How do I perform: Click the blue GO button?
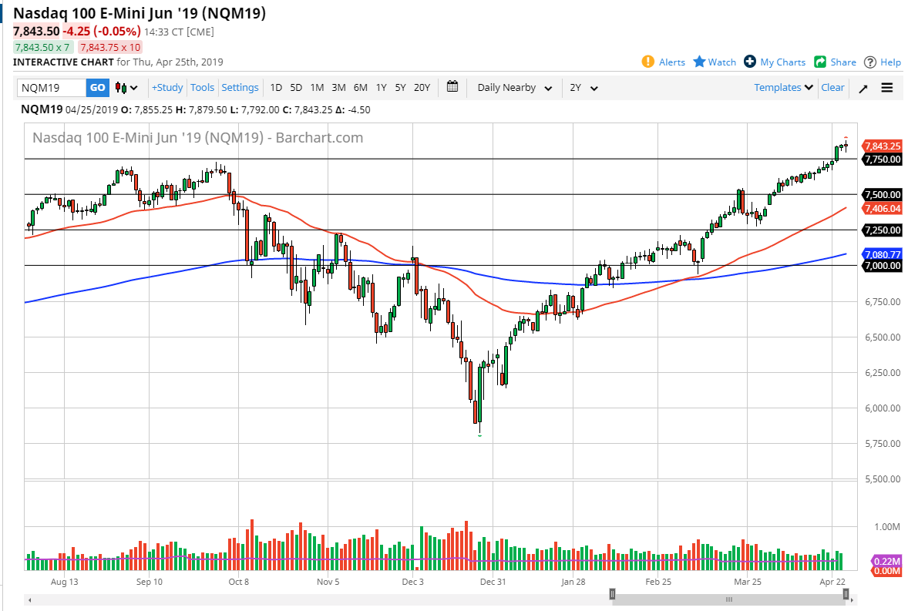pyautogui.click(x=97, y=88)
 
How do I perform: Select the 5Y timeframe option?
pyautogui.click(x=400, y=88)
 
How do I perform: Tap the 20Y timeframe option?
pyautogui.click(x=422, y=88)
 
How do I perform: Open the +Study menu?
pyautogui.click(x=167, y=88)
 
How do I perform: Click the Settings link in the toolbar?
pyautogui.click(x=240, y=88)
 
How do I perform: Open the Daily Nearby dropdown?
pyautogui.click(x=514, y=88)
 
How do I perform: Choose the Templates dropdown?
pyautogui.click(x=783, y=88)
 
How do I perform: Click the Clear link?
pyautogui.click(x=832, y=88)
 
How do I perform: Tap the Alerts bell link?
pyautogui.click(x=664, y=62)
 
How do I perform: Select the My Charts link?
pyautogui.click(x=775, y=62)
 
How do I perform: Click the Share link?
pyautogui.click(x=835, y=62)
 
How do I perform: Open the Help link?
pyautogui.click(x=883, y=62)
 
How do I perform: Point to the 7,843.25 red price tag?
pyautogui.click(x=883, y=146)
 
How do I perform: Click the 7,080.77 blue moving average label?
pyautogui.click(x=883, y=253)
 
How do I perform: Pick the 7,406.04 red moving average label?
pyautogui.click(x=883, y=208)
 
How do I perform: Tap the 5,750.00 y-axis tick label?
pyautogui.click(x=883, y=444)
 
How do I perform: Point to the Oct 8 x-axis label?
pyautogui.click(x=237, y=582)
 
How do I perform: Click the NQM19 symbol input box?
pyautogui.click(x=51, y=88)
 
